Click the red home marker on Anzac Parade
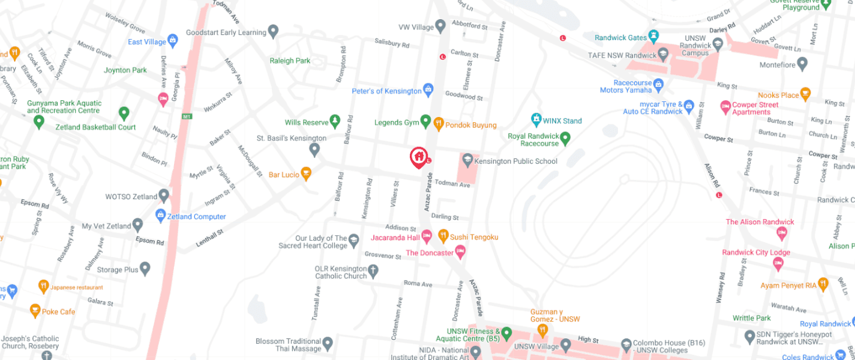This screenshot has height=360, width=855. (x=418, y=157)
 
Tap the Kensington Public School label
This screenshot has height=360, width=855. (x=515, y=161)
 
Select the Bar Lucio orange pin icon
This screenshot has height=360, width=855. (x=306, y=174)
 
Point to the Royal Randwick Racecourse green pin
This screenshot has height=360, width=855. (x=565, y=139)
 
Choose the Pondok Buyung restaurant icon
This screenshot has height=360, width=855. (x=439, y=124)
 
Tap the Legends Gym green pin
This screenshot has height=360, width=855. (x=426, y=122)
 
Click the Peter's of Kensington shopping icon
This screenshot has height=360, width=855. (x=428, y=91)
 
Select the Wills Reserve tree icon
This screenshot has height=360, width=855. (x=335, y=122)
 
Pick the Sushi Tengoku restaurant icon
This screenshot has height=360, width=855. (x=443, y=236)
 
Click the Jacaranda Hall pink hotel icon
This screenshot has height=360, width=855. (x=427, y=237)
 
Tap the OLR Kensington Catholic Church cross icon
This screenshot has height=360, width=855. (x=373, y=272)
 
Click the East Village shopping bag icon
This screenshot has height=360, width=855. (x=173, y=41)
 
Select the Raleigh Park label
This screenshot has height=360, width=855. (x=290, y=61)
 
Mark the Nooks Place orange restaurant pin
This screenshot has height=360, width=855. (x=805, y=95)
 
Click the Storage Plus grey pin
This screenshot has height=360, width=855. (x=145, y=269)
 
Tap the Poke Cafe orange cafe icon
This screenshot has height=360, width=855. (x=35, y=311)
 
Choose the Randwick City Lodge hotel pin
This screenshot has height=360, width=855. (x=778, y=263)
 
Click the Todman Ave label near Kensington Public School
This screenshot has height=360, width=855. (x=452, y=184)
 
